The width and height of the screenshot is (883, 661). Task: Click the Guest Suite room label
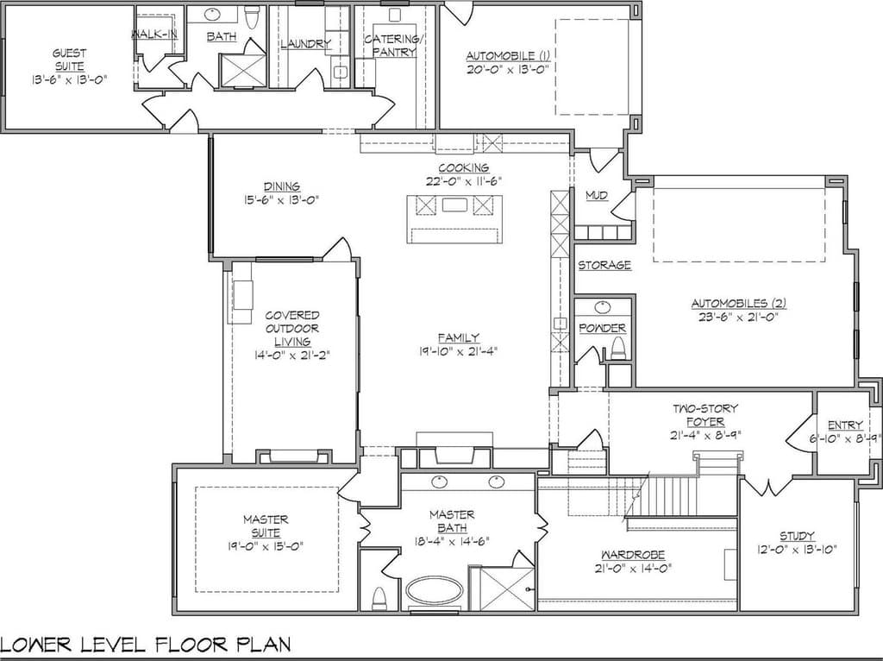(x=69, y=60)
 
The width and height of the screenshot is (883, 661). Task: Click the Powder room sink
(x=603, y=308)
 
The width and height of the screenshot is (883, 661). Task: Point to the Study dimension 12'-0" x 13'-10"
(x=797, y=549)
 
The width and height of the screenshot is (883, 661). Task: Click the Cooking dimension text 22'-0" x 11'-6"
(x=463, y=181)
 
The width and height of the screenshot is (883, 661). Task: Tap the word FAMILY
(x=459, y=337)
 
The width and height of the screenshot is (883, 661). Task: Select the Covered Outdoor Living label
(x=292, y=329)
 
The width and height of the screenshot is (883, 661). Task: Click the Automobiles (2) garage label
(x=739, y=303)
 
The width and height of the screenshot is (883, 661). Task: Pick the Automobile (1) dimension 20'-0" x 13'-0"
(x=507, y=69)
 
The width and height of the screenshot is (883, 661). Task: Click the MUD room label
(x=597, y=196)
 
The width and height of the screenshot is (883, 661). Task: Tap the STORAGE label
(x=604, y=265)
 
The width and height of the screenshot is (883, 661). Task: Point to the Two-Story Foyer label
(x=705, y=415)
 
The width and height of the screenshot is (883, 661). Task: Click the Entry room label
(x=845, y=425)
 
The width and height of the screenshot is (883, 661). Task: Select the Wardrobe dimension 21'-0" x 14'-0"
(x=632, y=569)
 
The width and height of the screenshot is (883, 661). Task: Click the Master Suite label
(x=266, y=526)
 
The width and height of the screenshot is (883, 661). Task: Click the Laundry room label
(x=305, y=43)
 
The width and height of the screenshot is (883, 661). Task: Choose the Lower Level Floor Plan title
(x=146, y=644)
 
